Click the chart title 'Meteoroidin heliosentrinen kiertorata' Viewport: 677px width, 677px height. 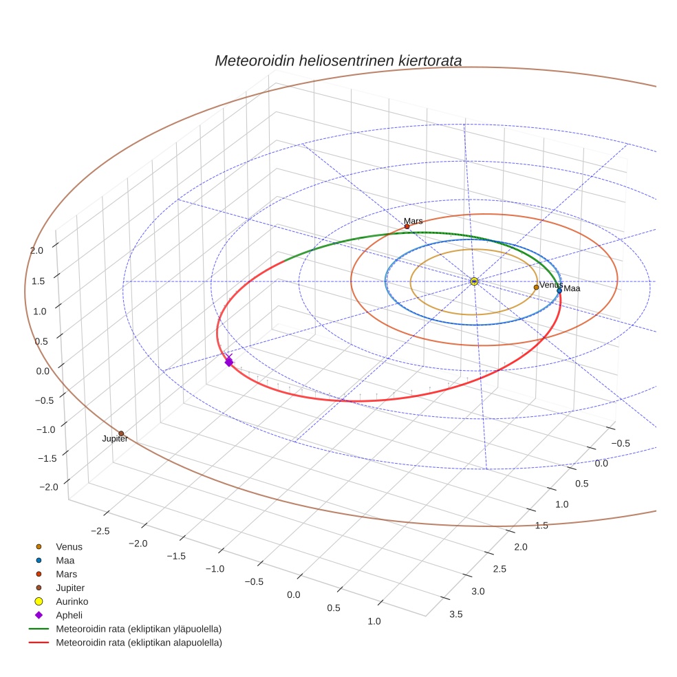point(338,61)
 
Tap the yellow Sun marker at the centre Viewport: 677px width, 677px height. point(474,281)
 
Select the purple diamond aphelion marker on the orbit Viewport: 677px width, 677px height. point(229,361)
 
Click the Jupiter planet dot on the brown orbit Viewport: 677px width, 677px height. point(121,433)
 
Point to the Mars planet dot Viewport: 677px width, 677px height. point(407,226)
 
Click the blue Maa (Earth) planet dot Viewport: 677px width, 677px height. point(559,290)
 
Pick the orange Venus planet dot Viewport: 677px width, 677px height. point(536,287)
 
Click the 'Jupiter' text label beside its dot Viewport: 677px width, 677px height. point(115,439)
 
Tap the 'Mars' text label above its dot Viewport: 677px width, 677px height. point(413,221)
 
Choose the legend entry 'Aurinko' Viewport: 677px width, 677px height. point(72,601)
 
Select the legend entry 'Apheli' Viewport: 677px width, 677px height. point(69,615)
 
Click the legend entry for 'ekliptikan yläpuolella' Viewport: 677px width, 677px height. point(138,629)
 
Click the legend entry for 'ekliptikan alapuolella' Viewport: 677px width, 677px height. point(138,643)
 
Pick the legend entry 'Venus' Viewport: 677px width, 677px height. point(69,546)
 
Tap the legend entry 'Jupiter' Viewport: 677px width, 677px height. point(69,588)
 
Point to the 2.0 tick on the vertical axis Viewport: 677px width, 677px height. point(37,250)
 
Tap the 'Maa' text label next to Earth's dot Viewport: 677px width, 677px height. point(572,289)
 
